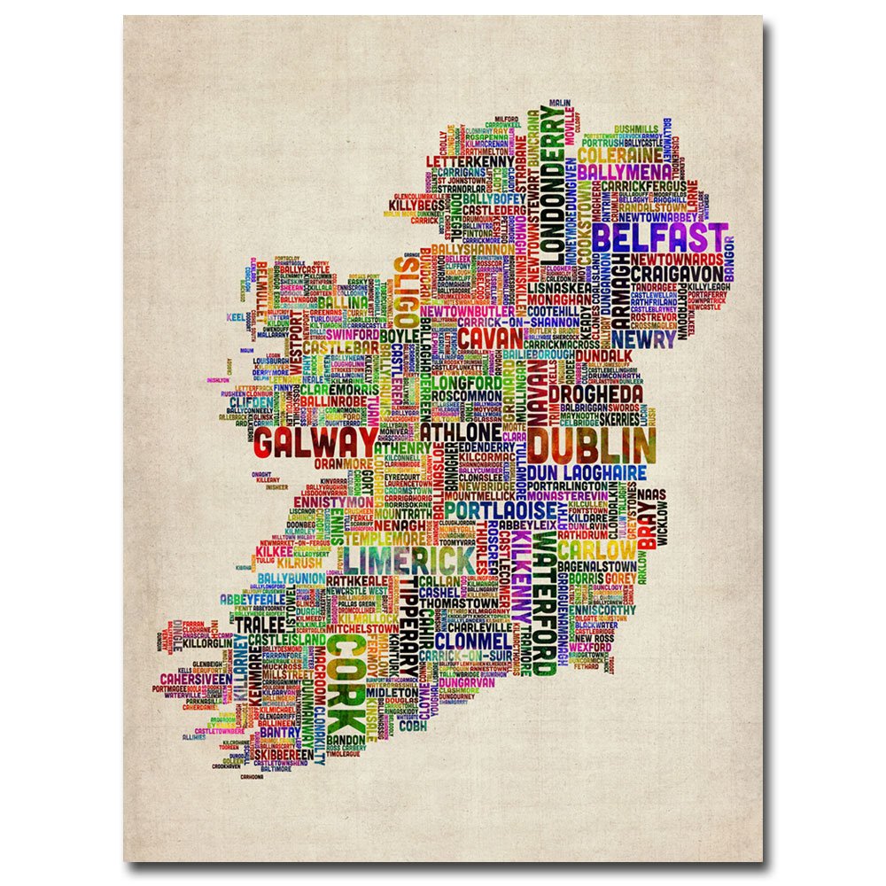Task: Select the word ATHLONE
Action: click(460, 431)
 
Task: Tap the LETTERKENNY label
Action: click(470, 162)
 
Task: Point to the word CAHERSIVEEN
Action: click(196, 679)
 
